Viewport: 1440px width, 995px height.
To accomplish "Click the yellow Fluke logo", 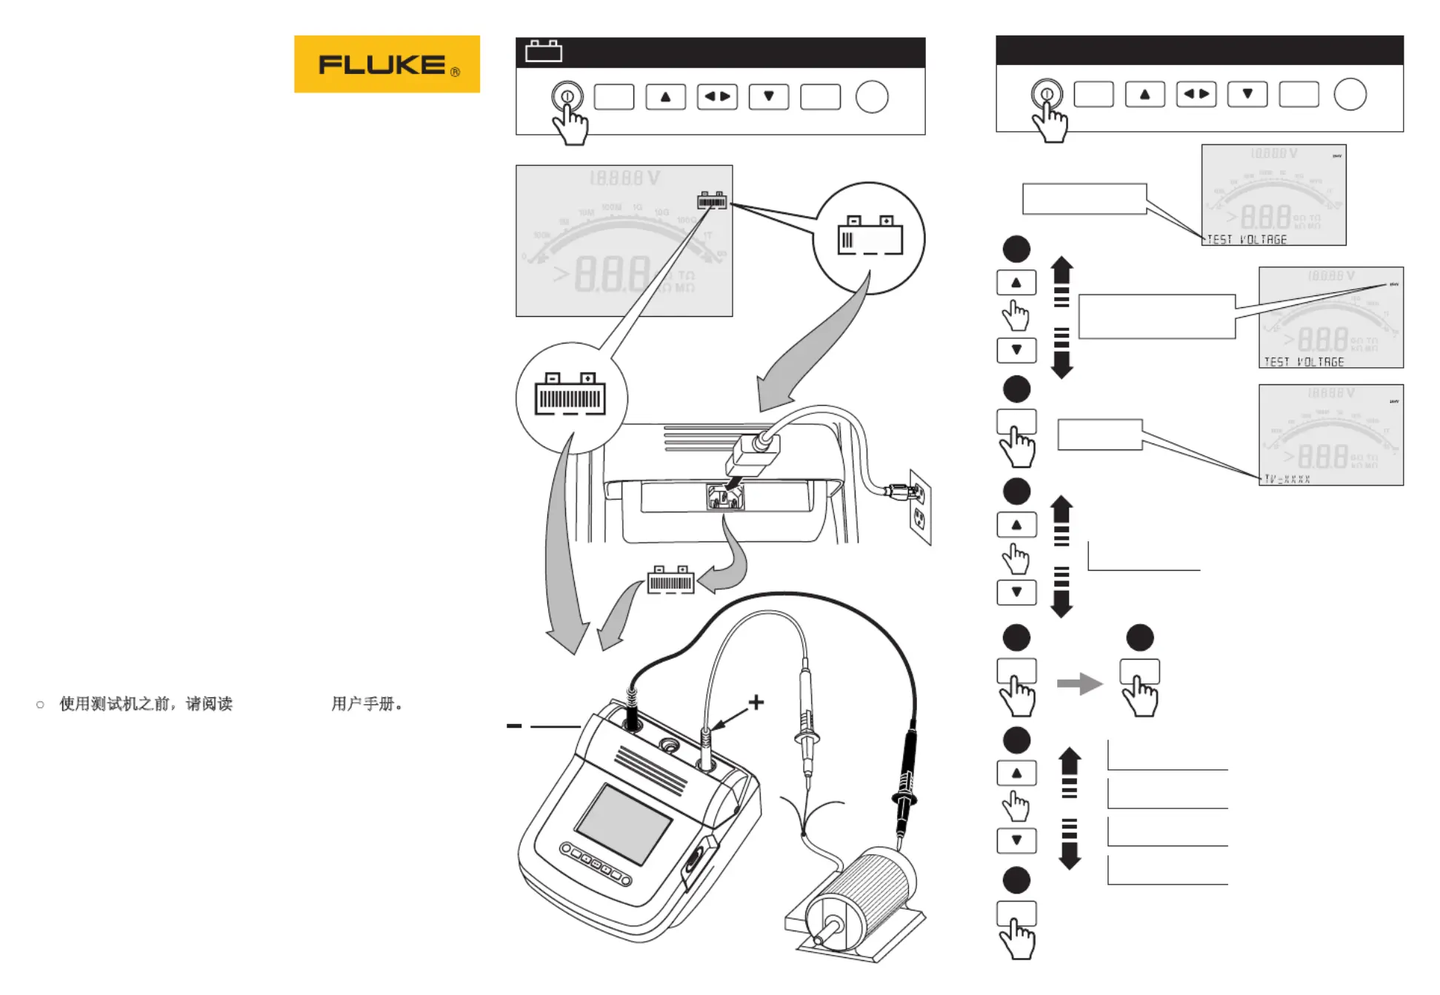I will pos(387,64).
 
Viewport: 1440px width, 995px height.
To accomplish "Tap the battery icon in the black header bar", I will pos(543,51).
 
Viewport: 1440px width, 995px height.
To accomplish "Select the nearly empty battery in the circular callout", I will pos(870,236).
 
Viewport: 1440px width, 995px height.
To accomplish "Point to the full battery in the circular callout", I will pos(570,395).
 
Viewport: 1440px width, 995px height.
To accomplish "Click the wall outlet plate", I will pos(920,507).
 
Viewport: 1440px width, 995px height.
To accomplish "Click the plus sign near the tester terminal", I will pos(756,702).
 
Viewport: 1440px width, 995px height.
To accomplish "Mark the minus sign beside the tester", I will pos(513,726).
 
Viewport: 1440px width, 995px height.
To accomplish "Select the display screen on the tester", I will pos(624,823).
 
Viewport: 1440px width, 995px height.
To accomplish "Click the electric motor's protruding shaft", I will pos(831,926).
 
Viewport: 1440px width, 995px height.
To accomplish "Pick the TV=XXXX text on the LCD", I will pos(1287,479).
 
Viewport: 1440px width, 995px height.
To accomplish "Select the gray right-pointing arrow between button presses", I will pos(1079,683).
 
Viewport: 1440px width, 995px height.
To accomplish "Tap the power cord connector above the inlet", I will pos(754,453).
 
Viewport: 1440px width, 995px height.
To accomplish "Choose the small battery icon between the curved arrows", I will pos(670,580).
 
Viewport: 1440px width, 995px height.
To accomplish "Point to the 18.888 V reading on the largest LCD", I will pos(624,178).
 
